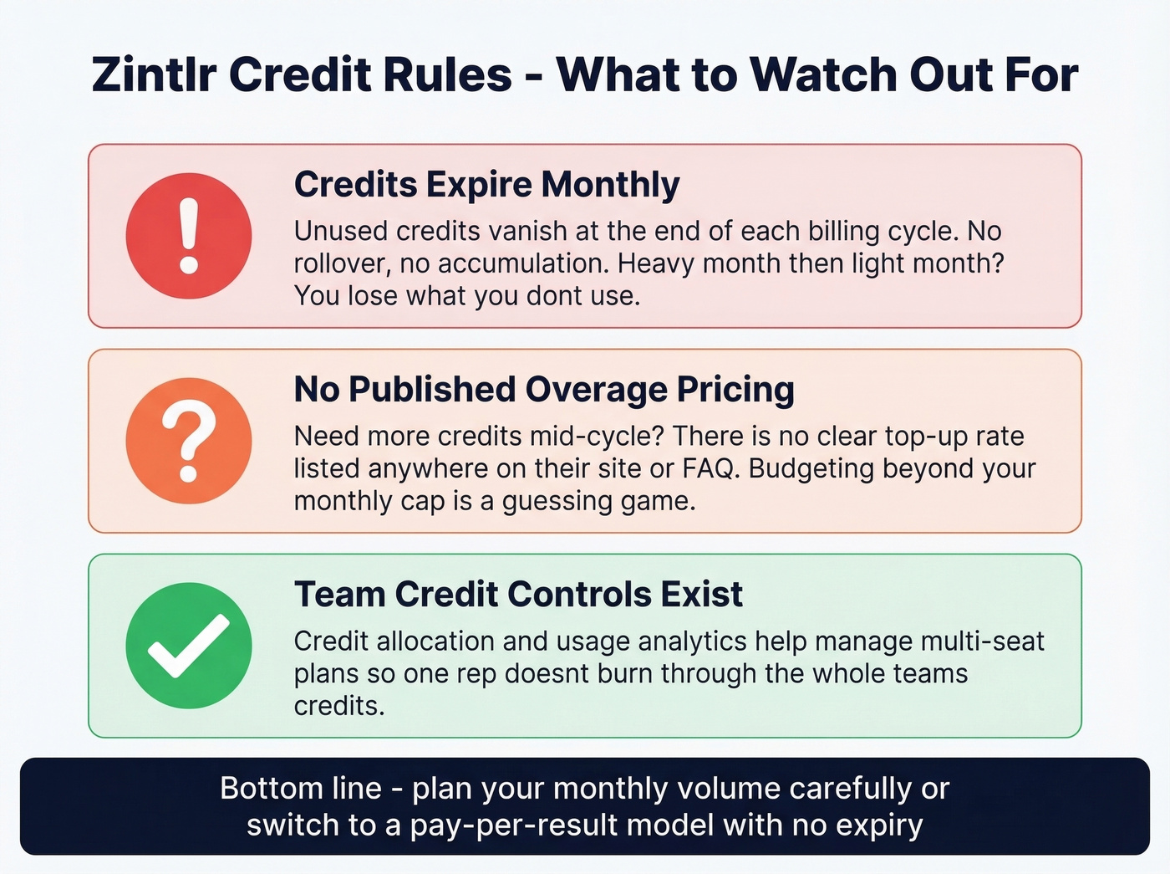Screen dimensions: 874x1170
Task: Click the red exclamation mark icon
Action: click(x=189, y=236)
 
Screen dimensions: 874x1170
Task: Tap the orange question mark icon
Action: click(x=189, y=441)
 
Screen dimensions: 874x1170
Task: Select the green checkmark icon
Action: click(x=189, y=646)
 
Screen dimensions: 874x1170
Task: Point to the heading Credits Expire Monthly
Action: click(x=486, y=185)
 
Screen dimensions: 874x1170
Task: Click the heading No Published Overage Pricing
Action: click(x=544, y=390)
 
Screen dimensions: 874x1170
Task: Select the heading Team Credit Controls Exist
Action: click(x=518, y=595)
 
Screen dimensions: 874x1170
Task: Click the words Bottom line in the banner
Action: click(x=301, y=789)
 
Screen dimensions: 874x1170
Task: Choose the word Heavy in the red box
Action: click(x=656, y=263)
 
